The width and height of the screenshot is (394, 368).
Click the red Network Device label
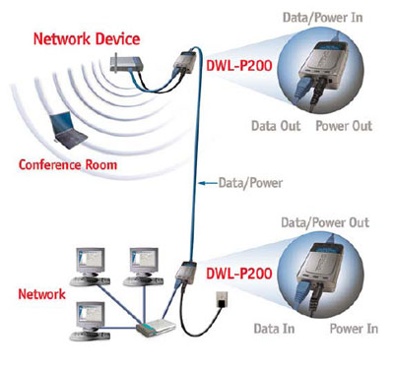click(87, 40)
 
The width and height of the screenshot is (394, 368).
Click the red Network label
click(43, 294)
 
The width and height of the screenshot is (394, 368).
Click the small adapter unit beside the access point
click(184, 62)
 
